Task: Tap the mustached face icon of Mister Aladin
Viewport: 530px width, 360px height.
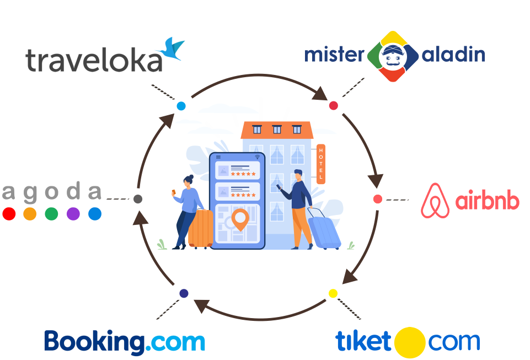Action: click(x=393, y=56)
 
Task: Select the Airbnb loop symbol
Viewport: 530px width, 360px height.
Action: click(x=436, y=201)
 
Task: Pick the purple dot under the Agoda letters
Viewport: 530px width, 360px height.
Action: click(x=73, y=214)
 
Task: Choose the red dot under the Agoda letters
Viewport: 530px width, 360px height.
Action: click(x=9, y=214)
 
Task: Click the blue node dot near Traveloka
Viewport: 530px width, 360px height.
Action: click(x=181, y=106)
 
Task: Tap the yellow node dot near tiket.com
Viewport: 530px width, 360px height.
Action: click(x=333, y=293)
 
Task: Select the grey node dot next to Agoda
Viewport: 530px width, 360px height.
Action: click(x=138, y=198)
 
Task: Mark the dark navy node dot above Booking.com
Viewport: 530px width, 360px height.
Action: click(x=184, y=293)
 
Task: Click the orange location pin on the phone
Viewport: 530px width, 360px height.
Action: click(x=239, y=219)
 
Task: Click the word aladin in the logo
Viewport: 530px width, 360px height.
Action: click(x=453, y=55)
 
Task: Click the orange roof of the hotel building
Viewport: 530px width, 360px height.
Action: click(x=277, y=130)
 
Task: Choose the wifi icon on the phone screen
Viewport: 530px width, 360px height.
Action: click(x=257, y=158)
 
